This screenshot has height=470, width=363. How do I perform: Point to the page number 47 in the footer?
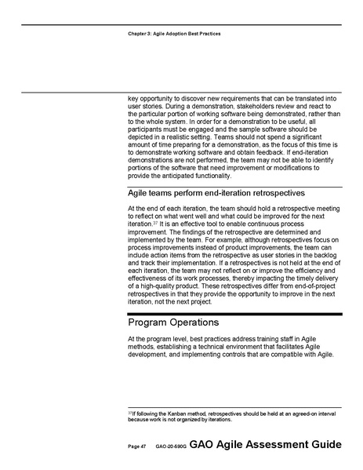point(143,445)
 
